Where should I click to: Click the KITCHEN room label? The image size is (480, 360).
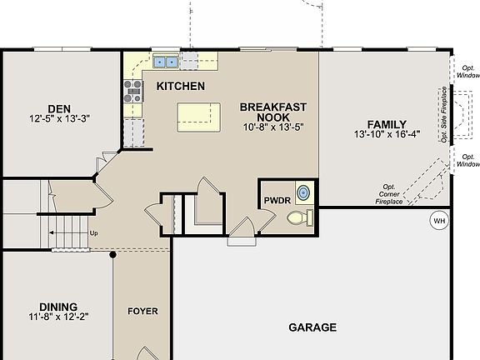tap(181, 86)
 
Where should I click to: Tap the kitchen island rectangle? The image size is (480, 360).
tap(199, 117)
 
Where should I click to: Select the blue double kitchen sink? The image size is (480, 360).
tap(165, 61)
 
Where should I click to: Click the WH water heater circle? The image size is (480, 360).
tap(438, 221)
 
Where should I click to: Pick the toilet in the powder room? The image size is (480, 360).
tap(297, 218)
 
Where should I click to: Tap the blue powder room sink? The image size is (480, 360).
tap(305, 192)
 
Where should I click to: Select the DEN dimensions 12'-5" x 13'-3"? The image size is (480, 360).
tap(58, 118)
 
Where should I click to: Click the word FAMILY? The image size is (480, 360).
tap(369, 123)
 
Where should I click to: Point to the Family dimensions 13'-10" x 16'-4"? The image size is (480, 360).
tap(387, 134)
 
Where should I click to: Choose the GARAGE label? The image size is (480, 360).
tap(312, 327)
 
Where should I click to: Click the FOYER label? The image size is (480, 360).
tap(142, 311)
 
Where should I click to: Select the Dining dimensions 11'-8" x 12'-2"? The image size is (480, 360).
tap(57, 317)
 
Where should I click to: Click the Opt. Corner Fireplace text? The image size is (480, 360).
tap(387, 194)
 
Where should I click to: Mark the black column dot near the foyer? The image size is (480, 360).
tap(113, 254)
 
